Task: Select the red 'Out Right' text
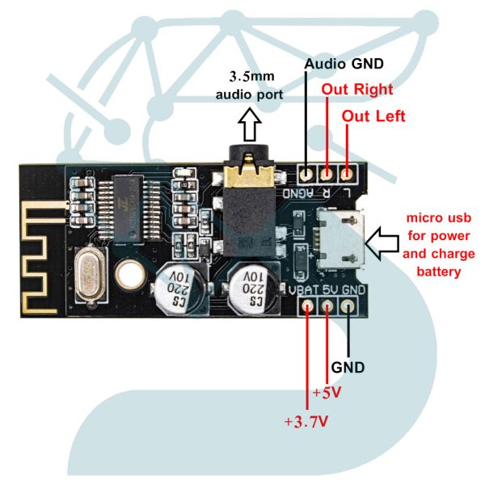357,89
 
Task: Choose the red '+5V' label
327,394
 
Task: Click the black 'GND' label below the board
348,366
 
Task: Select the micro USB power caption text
440,245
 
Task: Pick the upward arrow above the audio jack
251,126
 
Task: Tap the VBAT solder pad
308,306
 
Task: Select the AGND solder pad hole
307,173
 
